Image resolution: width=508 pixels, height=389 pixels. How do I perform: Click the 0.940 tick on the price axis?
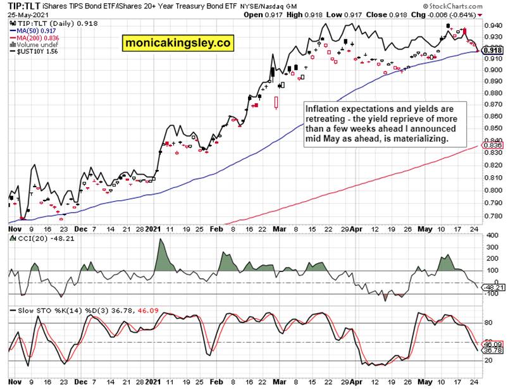(x=490, y=25)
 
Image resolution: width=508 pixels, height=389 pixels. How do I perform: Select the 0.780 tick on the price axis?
(x=490, y=216)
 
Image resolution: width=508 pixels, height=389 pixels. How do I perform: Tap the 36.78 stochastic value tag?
(x=492, y=350)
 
